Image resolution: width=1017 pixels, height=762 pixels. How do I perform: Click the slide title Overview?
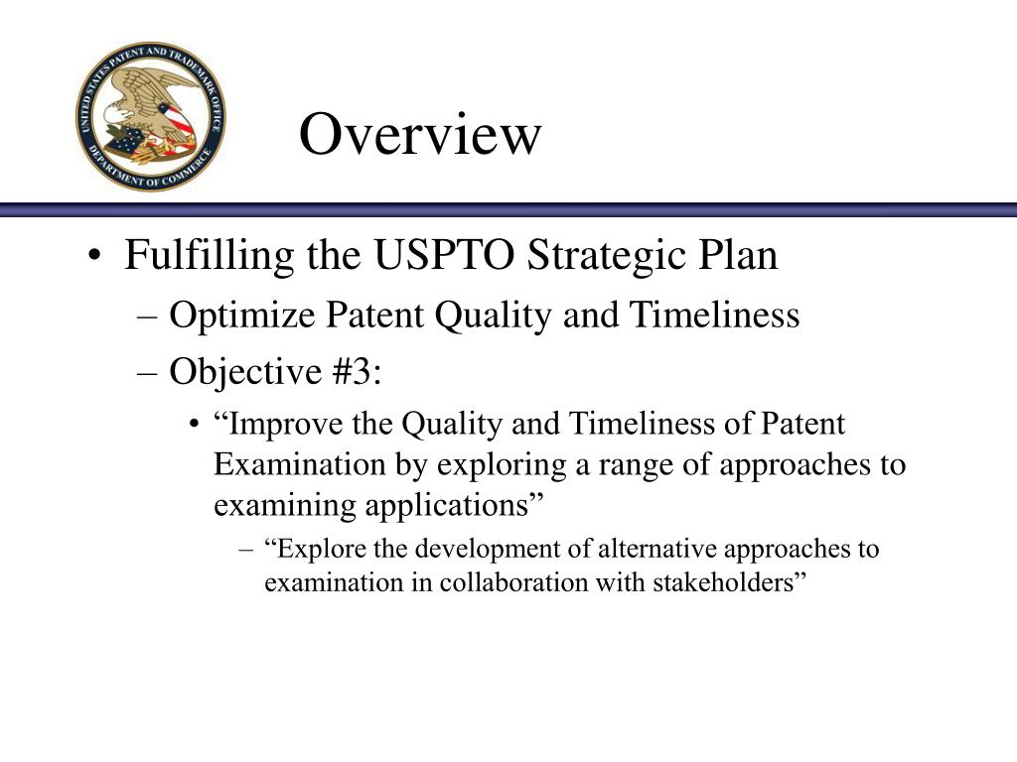click(x=420, y=135)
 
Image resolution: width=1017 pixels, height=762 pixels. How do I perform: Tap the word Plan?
click(x=736, y=256)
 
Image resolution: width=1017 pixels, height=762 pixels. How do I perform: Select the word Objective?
click(x=234, y=373)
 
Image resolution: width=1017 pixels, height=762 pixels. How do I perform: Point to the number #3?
click(x=351, y=373)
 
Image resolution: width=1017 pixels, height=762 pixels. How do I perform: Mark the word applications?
click(x=444, y=505)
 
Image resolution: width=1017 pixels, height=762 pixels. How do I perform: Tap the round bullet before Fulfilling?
click(x=93, y=259)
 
